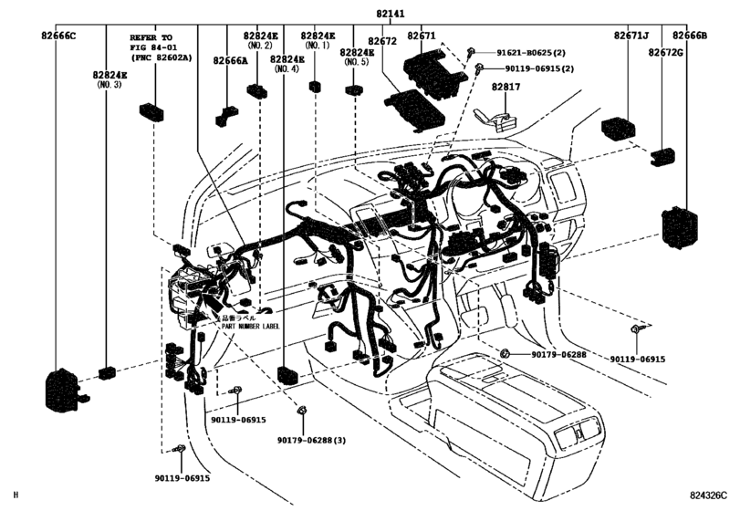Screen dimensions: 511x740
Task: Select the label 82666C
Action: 57,36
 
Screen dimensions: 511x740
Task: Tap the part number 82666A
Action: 231,60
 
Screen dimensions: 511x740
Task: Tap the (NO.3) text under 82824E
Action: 109,84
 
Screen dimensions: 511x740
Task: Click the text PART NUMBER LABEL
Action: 250,326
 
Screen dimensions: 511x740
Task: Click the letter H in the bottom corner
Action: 16,495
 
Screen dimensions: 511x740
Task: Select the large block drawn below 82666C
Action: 62,387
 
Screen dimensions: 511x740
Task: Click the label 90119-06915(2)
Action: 535,68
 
